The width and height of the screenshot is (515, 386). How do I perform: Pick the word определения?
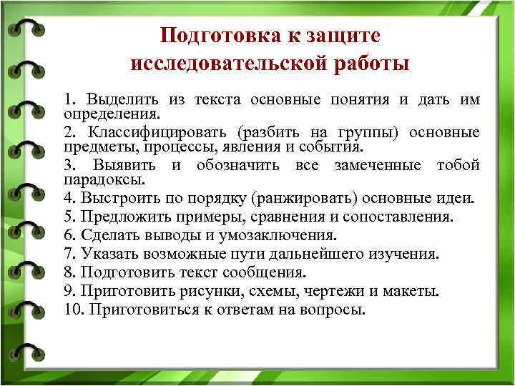(112, 114)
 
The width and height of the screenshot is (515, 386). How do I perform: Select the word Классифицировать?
(162, 132)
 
